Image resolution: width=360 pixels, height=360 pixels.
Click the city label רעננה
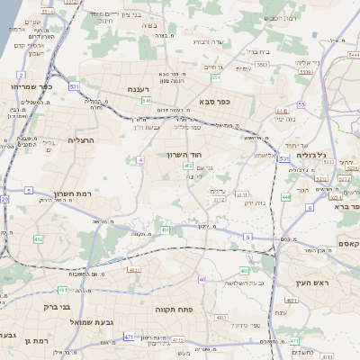click(x=143, y=89)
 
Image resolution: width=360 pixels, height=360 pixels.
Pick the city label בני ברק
click(x=56, y=306)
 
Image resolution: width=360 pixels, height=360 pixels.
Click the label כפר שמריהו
click(x=32, y=85)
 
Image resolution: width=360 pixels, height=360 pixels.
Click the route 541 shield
click(x=146, y=101)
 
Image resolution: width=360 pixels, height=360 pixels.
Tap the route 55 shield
click(x=301, y=104)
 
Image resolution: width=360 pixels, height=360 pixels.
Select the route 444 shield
click(x=285, y=196)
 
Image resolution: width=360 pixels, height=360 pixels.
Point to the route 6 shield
click(x=309, y=207)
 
